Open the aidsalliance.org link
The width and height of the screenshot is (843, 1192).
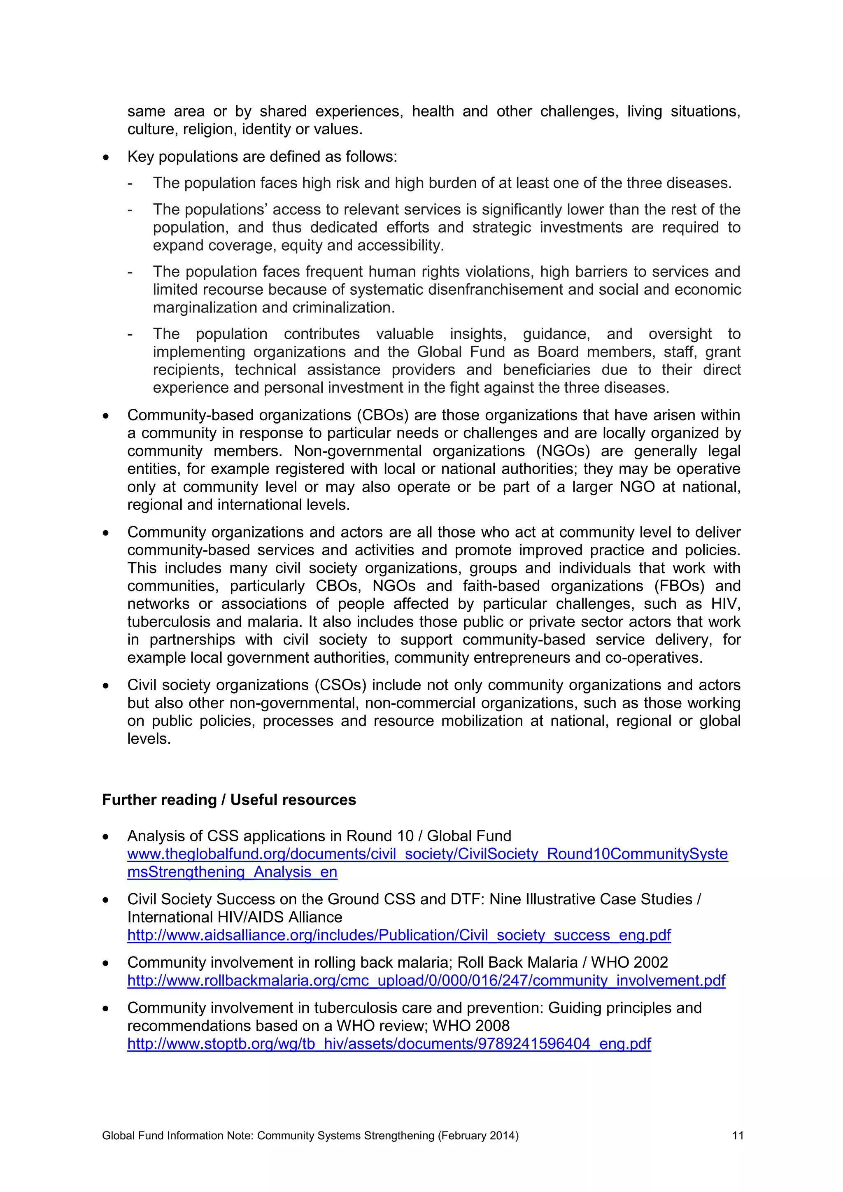coord(399,935)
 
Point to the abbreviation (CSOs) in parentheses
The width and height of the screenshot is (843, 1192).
coord(340,685)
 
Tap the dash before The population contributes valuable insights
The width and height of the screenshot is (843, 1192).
coord(130,334)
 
